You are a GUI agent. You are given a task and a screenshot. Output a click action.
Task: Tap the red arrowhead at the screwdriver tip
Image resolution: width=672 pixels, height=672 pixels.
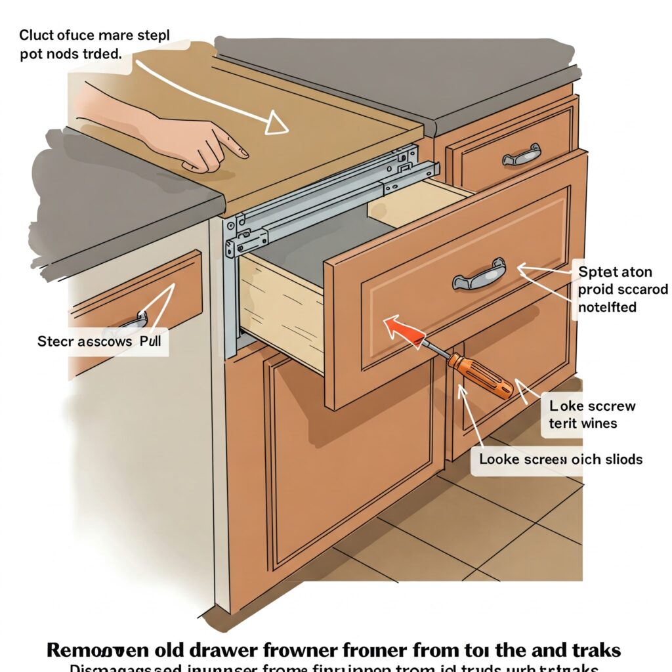(394, 325)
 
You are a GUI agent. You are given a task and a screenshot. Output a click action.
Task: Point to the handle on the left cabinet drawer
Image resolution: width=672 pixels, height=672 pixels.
(135, 322)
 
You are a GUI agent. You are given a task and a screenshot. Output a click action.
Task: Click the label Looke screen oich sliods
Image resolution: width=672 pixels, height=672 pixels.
(560, 459)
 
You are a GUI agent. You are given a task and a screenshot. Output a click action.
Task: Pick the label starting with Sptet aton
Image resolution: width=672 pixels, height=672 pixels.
(622, 288)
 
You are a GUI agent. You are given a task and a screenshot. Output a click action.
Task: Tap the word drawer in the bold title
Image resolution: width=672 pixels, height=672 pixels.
(227, 650)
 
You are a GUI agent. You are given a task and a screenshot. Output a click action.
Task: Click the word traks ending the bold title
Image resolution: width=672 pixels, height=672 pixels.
(587, 650)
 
